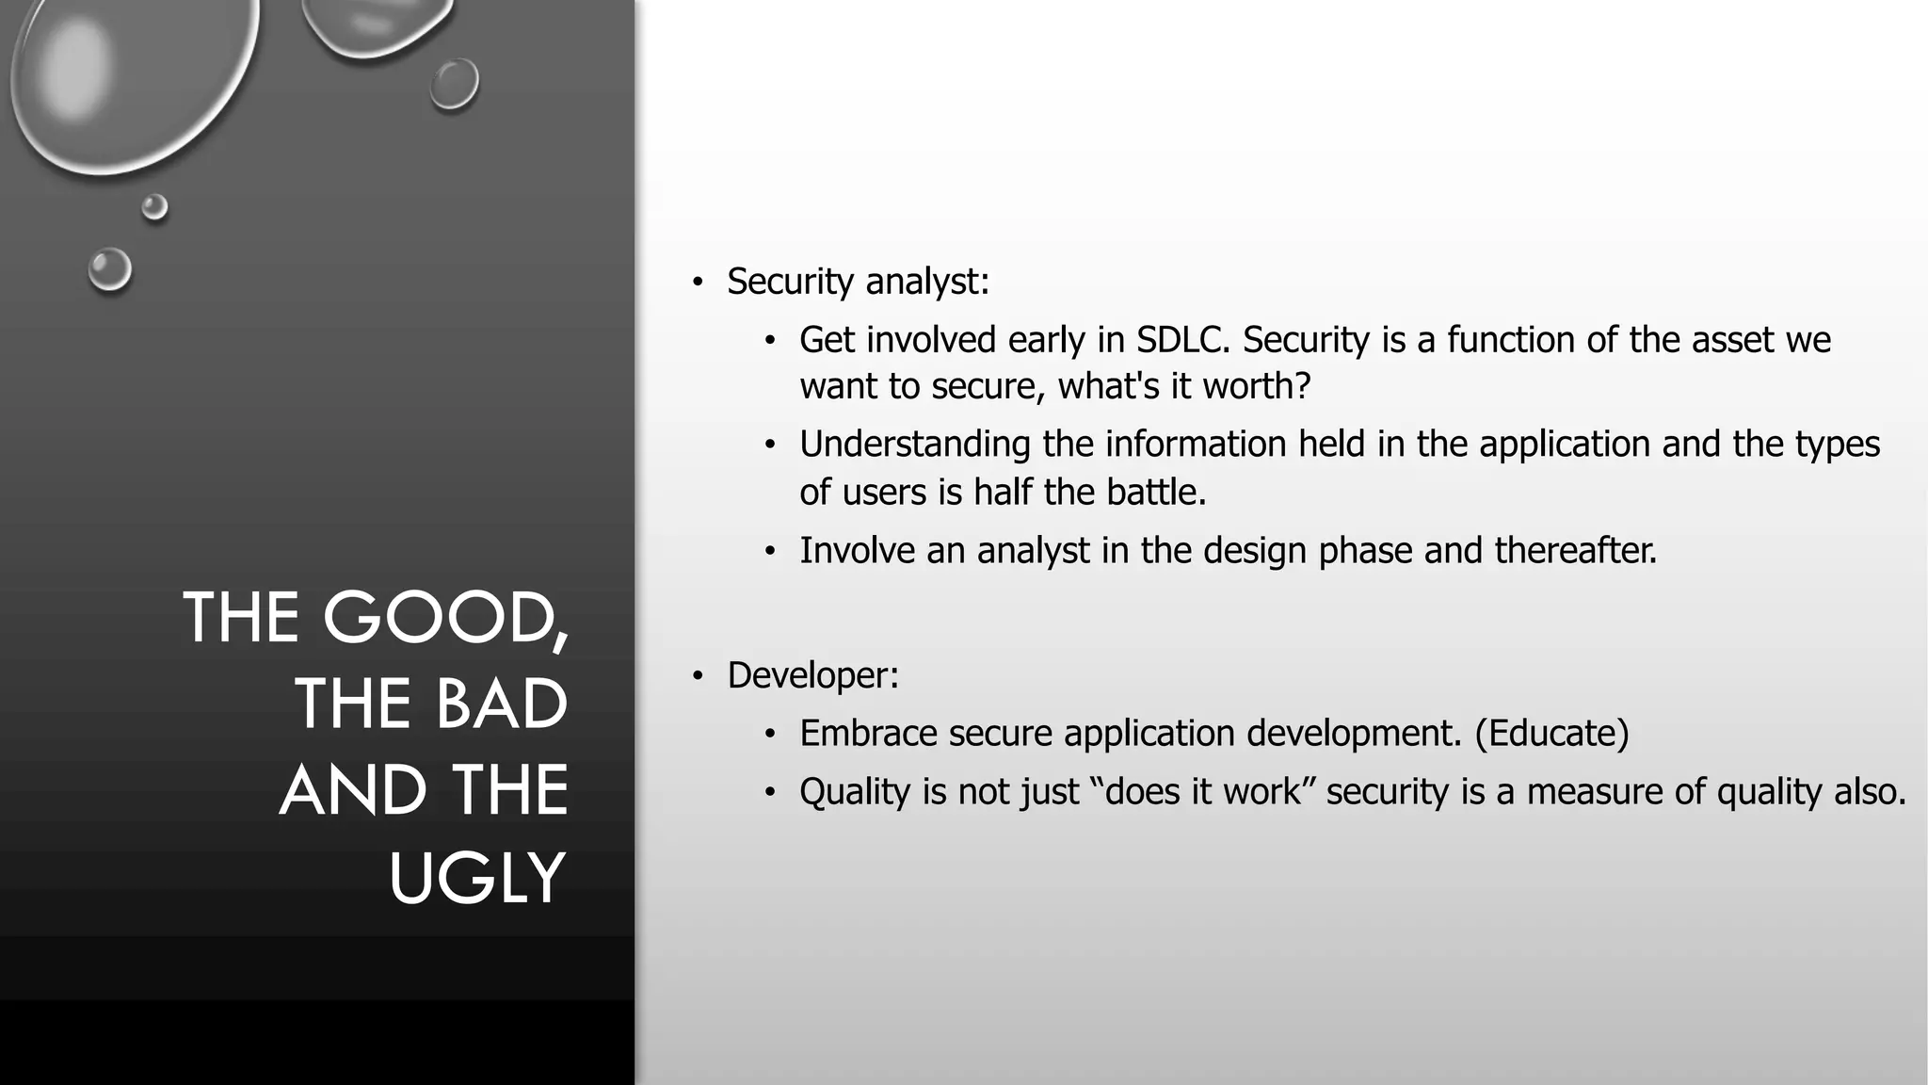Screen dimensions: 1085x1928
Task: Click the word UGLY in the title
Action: [x=477, y=878]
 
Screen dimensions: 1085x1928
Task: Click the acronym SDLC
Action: [x=1183, y=340]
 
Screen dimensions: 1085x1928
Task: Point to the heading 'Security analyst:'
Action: [x=858, y=282]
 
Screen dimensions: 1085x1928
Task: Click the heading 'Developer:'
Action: [x=812, y=675]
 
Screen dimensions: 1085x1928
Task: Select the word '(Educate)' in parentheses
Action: [x=1551, y=734]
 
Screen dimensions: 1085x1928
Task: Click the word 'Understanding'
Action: [x=914, y=445]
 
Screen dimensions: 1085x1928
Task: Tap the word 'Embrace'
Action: [x=868, y=734]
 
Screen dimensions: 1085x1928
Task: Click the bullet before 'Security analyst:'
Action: [x=697, y=283]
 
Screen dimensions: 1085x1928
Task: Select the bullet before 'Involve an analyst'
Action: [x=769, y=552]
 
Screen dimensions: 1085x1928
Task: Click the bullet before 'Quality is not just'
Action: [x=769, y=793]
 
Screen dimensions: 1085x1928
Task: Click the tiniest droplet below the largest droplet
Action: [x=154, y=206]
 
